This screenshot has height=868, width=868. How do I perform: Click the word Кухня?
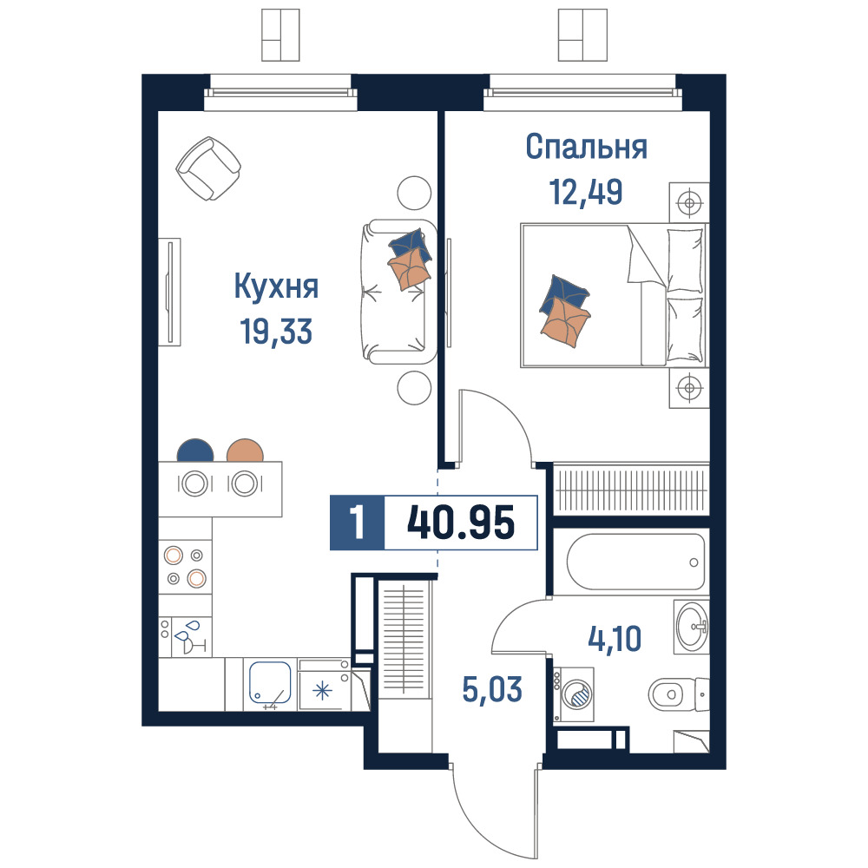(276, 286)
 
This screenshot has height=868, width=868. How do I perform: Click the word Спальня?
(586, 148)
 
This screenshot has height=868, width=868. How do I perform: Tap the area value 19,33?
(276, 331)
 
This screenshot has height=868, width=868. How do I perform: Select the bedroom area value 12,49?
(586, 192)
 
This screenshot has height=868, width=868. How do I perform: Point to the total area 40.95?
(461, 522)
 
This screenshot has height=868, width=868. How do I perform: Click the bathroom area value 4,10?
(615, 639)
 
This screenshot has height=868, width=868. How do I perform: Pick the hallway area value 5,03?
(492, 689)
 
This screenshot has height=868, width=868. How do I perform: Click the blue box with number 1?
(357, 523)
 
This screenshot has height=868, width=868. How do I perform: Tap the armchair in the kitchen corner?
(208, 168)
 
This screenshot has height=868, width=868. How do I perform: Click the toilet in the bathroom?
(678, 693)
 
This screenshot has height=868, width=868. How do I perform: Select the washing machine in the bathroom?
(574, 694)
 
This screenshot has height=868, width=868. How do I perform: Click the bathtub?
(636, 562)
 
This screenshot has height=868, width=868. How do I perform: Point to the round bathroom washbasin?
(692, 627)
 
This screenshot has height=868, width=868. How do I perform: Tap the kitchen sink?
(270, 685)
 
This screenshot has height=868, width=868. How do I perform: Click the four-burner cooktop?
(186, 567)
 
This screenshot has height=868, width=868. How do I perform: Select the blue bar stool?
(195, 450)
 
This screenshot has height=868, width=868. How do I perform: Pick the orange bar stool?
(245, 450)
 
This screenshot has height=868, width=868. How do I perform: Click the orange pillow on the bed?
(565, 322)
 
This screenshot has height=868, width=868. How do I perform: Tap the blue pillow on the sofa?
(411, 245)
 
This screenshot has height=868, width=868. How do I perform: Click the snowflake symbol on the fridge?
(323, 692)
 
